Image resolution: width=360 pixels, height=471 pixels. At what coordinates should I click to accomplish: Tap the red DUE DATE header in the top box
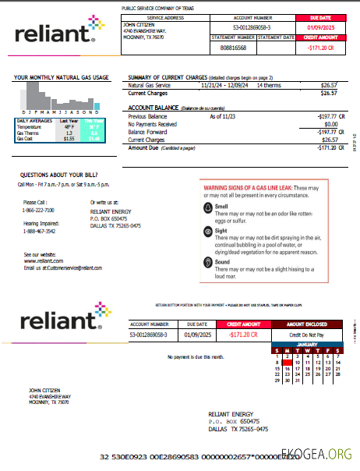319,16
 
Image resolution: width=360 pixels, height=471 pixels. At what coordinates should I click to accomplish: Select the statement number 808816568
233,47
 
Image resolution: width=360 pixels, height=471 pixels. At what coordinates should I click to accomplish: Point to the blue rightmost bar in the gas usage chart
97,105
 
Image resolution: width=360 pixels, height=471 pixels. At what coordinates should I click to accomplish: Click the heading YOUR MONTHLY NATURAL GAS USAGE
62,78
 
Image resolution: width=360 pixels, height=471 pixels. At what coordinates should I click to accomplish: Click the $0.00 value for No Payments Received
330,123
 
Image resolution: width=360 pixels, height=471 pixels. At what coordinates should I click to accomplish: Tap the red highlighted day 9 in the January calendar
288,362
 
